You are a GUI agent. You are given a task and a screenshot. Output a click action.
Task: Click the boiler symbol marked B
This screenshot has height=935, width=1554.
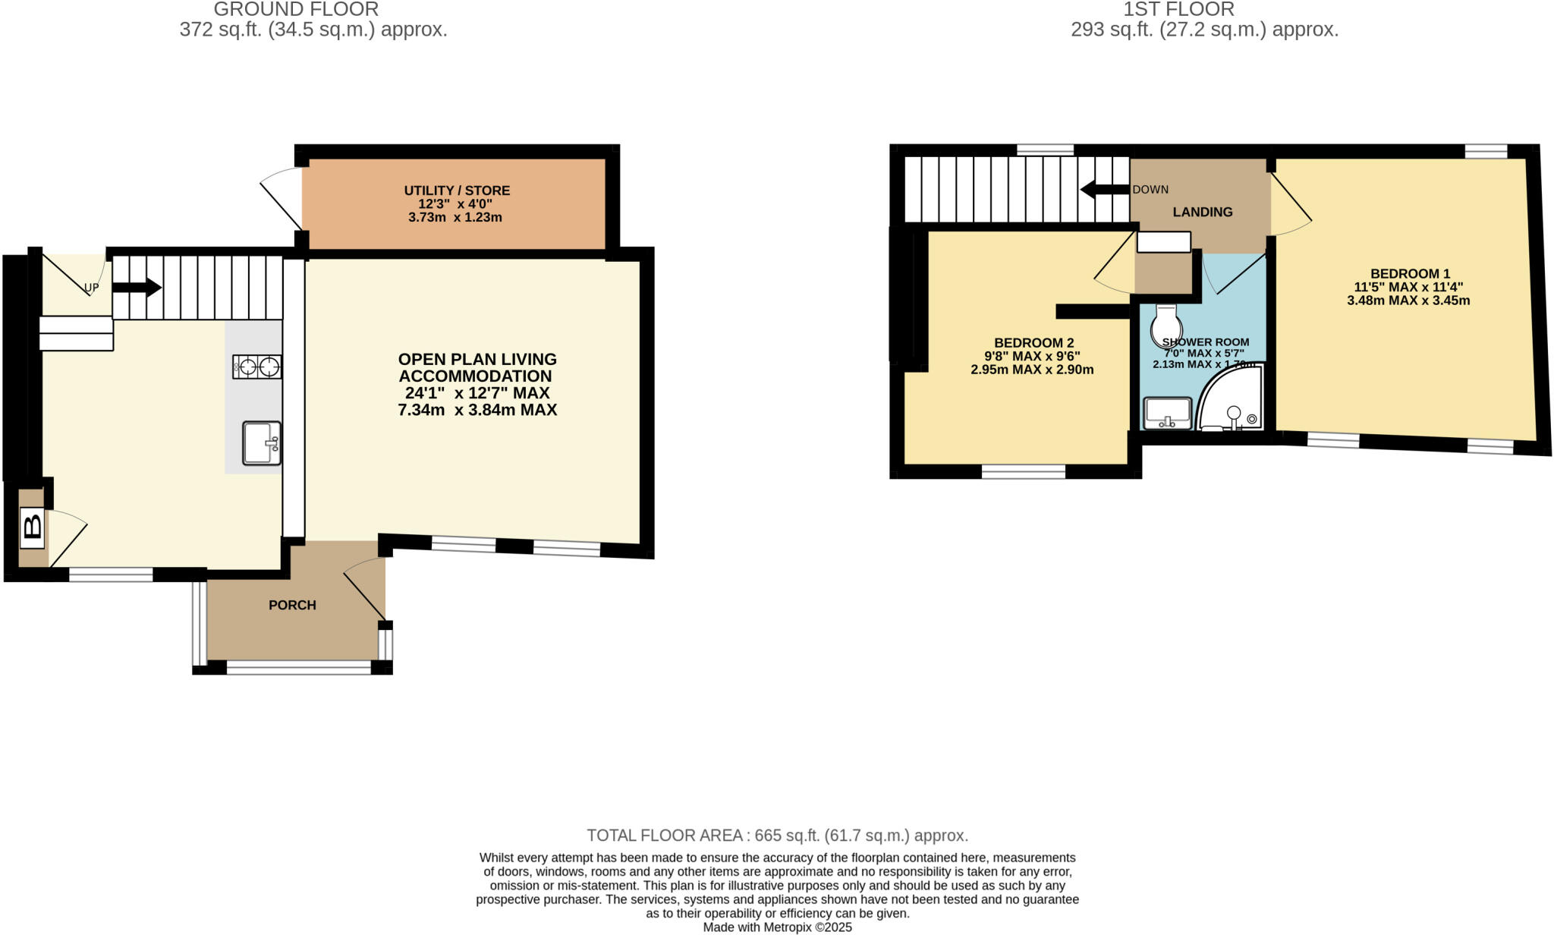(33, 527)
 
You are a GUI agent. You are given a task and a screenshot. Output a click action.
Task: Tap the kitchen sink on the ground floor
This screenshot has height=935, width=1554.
(262, 443)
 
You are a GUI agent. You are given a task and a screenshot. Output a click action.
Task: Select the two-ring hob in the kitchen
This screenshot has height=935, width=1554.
(257, 367)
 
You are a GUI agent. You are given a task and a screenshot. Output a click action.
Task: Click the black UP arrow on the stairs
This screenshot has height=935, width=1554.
(137, 288)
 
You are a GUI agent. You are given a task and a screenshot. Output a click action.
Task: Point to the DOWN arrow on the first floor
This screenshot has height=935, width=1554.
(1104, 189)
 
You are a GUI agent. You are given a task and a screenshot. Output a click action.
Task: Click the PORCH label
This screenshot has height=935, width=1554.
(292, 605)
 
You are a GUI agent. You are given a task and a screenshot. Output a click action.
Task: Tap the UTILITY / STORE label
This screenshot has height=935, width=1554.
(457, 190)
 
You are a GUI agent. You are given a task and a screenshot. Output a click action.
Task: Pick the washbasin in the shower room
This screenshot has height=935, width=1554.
(1168, 413)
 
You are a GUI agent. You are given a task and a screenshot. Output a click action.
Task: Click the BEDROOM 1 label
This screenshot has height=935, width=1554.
(1409, 274)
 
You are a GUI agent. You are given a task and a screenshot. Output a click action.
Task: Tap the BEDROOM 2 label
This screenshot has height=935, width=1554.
(1033, 343)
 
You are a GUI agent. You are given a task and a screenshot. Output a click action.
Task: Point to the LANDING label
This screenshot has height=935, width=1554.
(1202, 212)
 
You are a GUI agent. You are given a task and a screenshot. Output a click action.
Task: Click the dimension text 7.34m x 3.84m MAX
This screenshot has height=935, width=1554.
(477, 410)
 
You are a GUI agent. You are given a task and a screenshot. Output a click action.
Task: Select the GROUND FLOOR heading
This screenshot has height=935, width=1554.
(296, 10)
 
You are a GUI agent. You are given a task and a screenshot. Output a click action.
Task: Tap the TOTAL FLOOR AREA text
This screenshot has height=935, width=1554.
(777, 836)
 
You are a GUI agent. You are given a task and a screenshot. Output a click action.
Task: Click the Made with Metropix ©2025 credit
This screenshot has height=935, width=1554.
(777, 927)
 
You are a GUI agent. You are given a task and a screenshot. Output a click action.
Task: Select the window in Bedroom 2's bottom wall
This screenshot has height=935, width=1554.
(1023, 473)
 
